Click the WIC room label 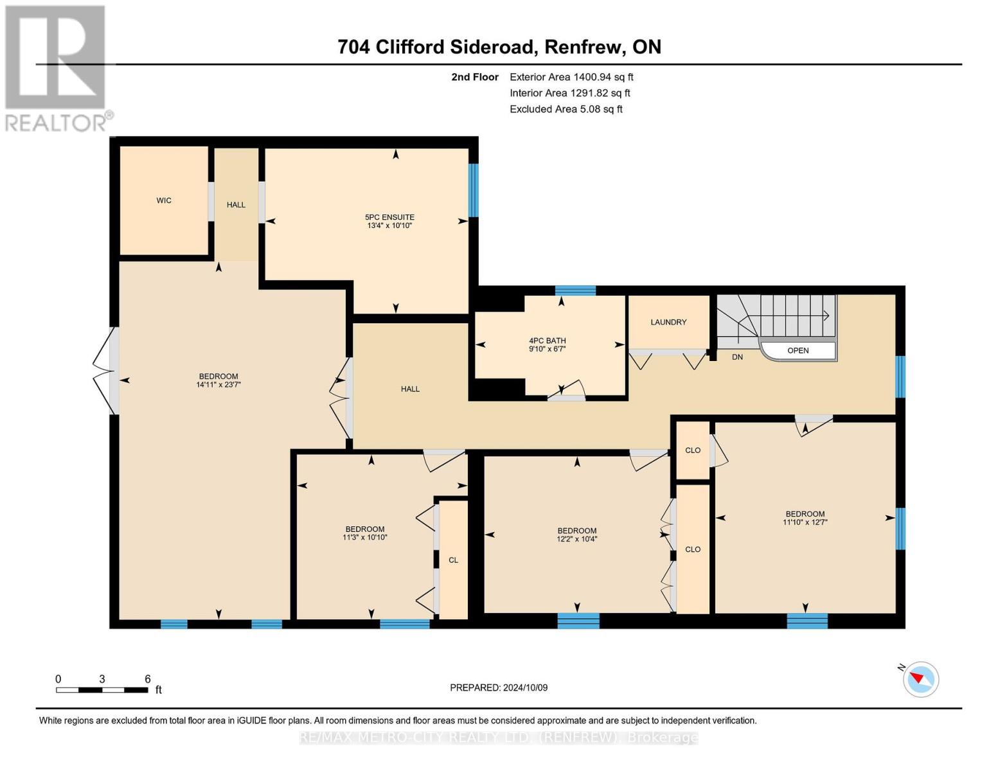[x=164, y=200]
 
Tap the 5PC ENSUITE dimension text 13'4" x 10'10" [x=389, y=226]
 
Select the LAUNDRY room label [x=668, y=322]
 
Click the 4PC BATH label [x=547, y=341]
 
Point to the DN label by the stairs [x=737, y=357]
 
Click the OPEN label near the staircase [x=798, y=350]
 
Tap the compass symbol [x=920, y=678]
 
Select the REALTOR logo [x=56, y=67]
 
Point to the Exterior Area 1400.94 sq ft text [x=571, y=77]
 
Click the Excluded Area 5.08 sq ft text [x=566, y=109]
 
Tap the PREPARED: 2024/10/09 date [x=499, y=687]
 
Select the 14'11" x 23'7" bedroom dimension [x=218, y=385]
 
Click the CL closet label [x=453, y=560]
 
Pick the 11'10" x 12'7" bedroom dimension [x=805, y=522]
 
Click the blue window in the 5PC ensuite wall [x=474, y=190]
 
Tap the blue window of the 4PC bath [x=575, y=290]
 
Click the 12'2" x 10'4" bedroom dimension [x=576, y=539]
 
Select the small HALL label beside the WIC [x=236, y=204]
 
